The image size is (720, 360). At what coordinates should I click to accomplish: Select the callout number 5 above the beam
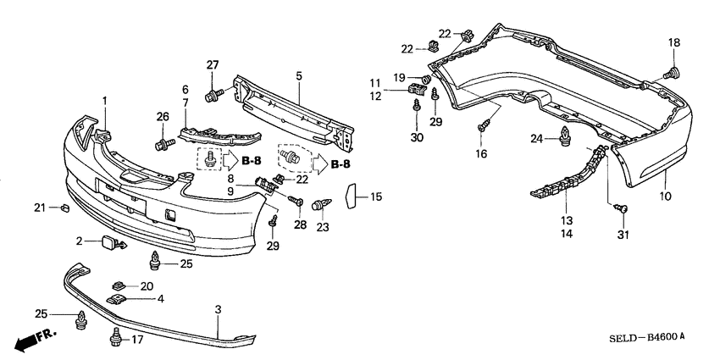coord(299,75)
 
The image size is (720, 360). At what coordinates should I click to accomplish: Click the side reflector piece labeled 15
coord(352,197)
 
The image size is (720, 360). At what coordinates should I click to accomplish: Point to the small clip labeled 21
coord(64,208)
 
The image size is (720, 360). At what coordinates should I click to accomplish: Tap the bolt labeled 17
coord(114,341)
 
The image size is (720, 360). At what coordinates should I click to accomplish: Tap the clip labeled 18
coord(674,72)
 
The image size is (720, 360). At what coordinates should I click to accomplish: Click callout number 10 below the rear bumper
coord(666,197)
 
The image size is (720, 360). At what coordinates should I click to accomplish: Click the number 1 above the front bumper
coord(105,102)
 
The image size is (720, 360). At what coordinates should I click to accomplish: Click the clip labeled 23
coord(319,205)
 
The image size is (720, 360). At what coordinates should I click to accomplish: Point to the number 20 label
coord(147,285)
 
